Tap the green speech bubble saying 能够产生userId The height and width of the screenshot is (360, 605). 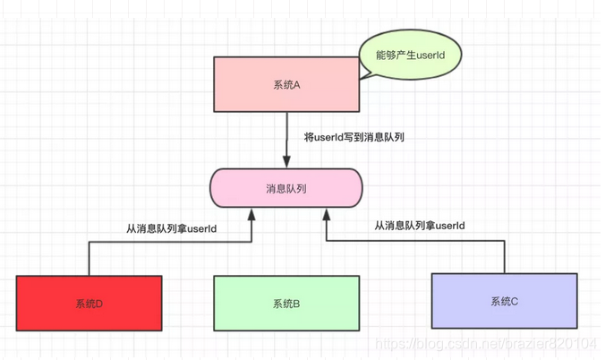412,55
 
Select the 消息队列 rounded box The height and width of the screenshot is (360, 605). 285,189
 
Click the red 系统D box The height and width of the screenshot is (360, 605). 89,304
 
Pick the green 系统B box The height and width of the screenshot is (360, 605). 285,304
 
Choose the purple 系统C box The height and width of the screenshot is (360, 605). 504,301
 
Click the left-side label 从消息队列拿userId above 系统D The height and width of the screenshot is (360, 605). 171,228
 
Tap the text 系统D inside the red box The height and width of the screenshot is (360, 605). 89,304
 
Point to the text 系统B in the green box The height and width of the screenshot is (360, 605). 285,304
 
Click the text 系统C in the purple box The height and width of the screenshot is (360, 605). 504,301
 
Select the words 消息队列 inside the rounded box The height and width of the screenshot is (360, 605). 285,189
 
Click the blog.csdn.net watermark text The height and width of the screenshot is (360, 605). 484,344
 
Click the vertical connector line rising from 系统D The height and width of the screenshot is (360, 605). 89,259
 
